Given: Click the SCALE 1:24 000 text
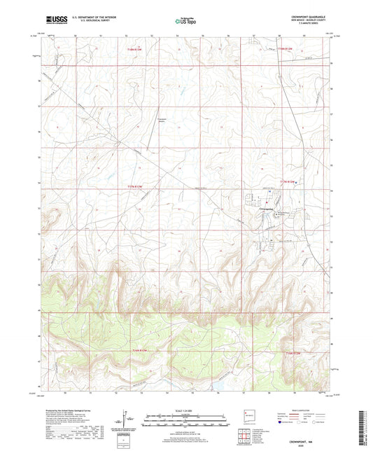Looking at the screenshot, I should point(186,410).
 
